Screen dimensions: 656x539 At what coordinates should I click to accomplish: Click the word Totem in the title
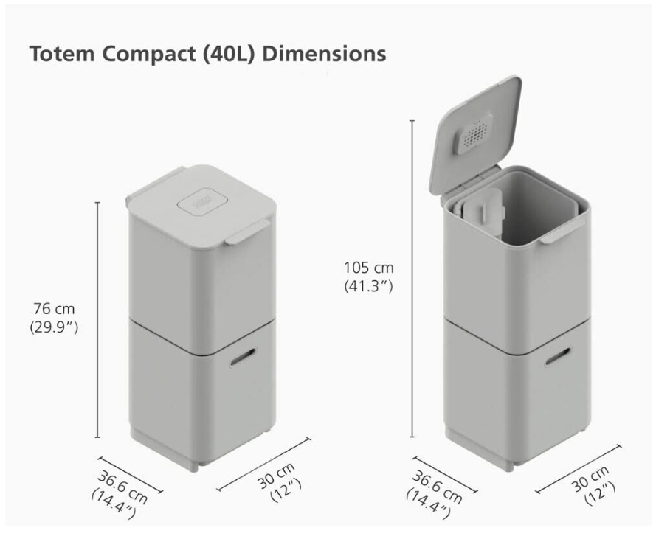click(x=62, y=54)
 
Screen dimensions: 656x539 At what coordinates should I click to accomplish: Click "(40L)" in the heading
click(x=229, y=55)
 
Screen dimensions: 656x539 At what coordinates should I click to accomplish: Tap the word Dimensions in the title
click(x=324, y=54)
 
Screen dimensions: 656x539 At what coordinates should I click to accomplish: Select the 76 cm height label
click(x=54, y=309)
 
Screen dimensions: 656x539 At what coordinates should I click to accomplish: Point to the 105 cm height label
click(x=368, y=268)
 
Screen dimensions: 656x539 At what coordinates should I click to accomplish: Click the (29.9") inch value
click(x=54, y=327)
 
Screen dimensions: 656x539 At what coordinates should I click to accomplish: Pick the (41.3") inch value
click(x=368, y=286)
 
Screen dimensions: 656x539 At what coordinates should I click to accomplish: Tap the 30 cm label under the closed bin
click(x=275, y=475)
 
